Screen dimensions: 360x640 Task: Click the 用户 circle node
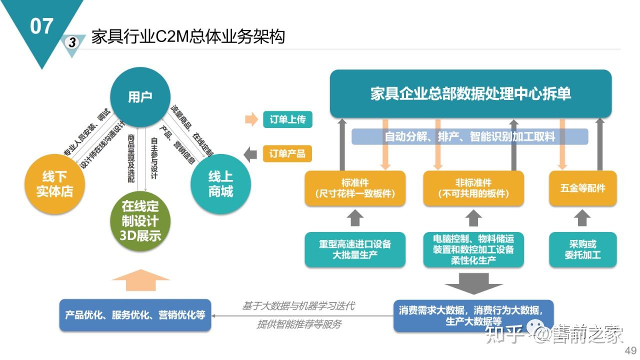pos(140,97)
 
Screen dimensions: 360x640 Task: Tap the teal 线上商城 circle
pos(220,184)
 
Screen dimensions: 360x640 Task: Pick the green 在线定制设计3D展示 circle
pos(140,220)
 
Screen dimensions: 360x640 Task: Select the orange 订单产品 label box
pos(287,153)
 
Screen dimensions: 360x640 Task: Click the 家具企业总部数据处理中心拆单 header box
pos(470,94)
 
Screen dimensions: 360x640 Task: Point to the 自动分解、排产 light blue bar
pos(469,136)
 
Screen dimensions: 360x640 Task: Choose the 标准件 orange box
pos(355,188)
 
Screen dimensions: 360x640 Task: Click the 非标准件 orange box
pos(473,188)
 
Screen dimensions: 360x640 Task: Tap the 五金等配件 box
pos(582,188)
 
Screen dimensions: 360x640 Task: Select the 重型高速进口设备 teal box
pos(355,249)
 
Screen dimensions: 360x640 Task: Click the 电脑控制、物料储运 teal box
pos(473,249)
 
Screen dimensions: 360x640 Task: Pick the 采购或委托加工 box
pos(582,249)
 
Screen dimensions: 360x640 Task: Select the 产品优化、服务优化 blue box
pos(135,315)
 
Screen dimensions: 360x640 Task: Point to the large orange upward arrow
pos(141,280)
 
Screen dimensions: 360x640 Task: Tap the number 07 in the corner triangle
pos(41,26)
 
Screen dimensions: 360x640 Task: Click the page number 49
pos(630,350)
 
